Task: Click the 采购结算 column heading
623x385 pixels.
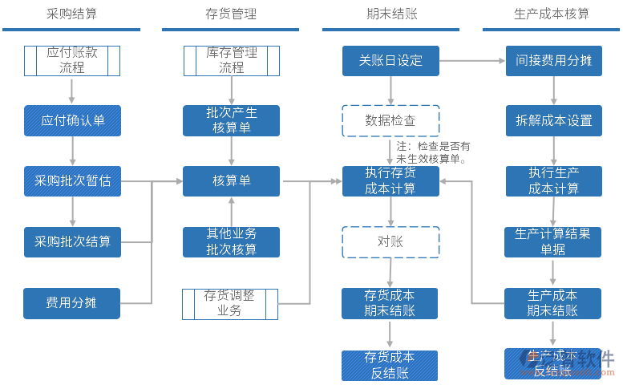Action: (x=71, y=14)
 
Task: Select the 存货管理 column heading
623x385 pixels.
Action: (x=231, y=14)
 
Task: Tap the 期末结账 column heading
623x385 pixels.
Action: (x=390, y=14)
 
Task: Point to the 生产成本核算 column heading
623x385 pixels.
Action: (x=551, y=14)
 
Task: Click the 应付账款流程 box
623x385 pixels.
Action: (x=72, y=60)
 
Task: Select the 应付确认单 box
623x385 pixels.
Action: (x=72, y=120)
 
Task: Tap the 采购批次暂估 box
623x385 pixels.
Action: (x=72, y=181)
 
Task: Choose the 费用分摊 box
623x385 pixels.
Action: (x=72, y=303)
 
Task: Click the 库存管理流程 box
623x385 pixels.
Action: (x=232, y=60)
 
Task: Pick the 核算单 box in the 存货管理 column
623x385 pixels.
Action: (x=232, y=181)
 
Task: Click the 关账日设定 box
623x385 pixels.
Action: (x=390, y=60)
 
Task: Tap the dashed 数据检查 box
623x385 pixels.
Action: (x=390, y=120)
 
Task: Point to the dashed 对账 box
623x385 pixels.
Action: (x=390, y=241)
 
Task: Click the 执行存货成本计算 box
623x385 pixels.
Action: (x=390, y=181)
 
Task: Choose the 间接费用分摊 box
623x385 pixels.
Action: (x=553, y=60)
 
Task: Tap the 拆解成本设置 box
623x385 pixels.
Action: (x=553, y=120)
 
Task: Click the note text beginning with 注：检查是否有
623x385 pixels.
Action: (x=434, y=152)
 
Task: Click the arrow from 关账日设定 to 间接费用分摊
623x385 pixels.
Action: (x=472, y=60)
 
